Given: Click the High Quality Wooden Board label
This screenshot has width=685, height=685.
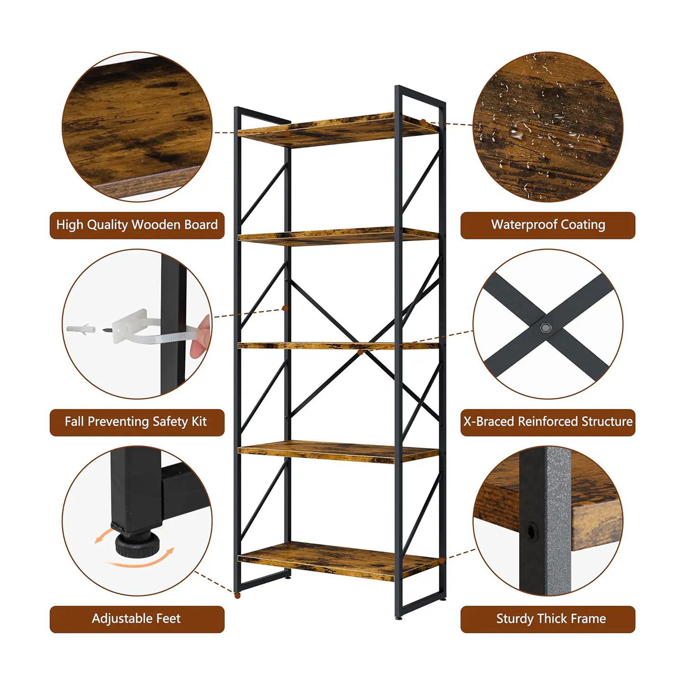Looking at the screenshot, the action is (x=137, y=225).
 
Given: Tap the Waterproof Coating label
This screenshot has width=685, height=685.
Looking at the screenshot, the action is (x=548, y=225).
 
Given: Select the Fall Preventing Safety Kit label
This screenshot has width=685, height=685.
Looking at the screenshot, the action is (x=137, y=422).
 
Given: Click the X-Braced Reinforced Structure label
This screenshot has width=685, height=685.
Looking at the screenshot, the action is (x=548, y=422).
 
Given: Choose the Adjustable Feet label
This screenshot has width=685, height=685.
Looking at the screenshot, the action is (x=137, y=619).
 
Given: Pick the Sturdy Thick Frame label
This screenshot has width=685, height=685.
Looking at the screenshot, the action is (x=548, y=619).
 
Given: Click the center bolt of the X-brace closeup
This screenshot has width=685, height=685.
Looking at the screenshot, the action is (x=545, y=327).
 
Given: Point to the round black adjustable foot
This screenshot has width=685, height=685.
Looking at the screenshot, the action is (x=137, y=544).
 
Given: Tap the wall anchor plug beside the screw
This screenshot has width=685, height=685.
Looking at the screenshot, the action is (x=81, y=329).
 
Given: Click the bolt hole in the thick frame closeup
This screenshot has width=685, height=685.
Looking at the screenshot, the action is (x=532, y=532).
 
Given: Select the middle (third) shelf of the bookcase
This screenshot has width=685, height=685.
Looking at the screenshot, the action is (x=338, y=346).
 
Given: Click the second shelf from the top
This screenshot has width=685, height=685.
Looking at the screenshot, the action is (x=338, y=236).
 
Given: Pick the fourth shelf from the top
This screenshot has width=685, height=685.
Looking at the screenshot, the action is (x=338, y=452).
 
